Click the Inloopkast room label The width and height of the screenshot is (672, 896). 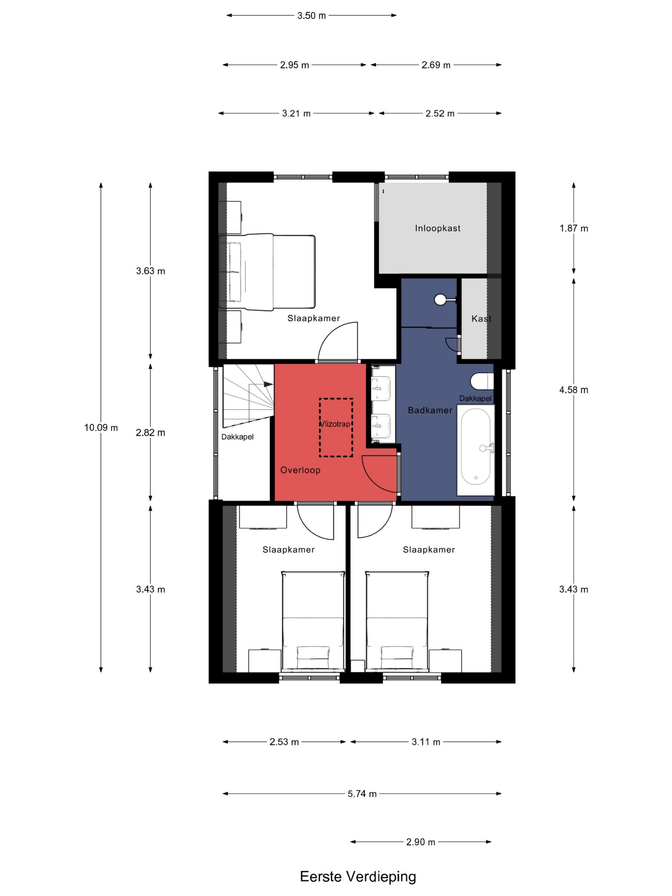[x=437, y=228]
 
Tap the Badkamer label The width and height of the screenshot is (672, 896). [x=430, y=410]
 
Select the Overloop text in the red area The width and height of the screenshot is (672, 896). [x=300, y=470]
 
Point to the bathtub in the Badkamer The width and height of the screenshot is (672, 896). [x=476, y=450]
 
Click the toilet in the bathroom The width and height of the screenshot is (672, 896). [x=482, y=381]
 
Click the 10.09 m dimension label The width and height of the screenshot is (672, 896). [x=101, y=428]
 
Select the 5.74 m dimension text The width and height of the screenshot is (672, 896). [x=362, y=794]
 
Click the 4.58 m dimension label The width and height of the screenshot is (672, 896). [x=574, y=390]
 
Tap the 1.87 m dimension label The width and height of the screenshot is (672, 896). [x=574, y=228]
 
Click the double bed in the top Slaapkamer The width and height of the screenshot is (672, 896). [x=267, y=272]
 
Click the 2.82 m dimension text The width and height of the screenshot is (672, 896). [x=150, y=433]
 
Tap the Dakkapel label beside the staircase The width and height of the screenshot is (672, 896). [x=237, y=437]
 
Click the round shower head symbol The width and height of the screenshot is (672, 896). [x=440, y=300]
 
